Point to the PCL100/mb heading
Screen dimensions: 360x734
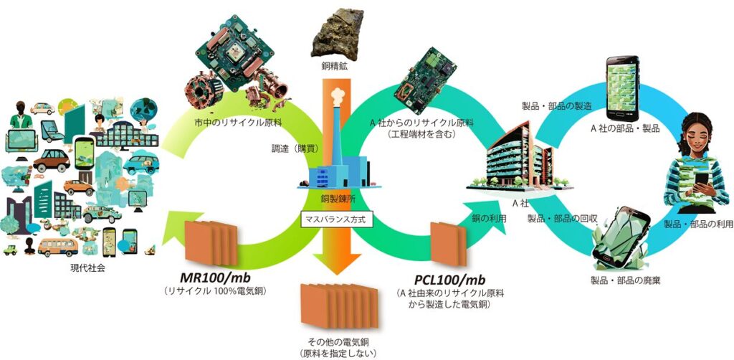(x=451, y=278)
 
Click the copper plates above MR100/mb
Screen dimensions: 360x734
(x=210, y=242)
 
